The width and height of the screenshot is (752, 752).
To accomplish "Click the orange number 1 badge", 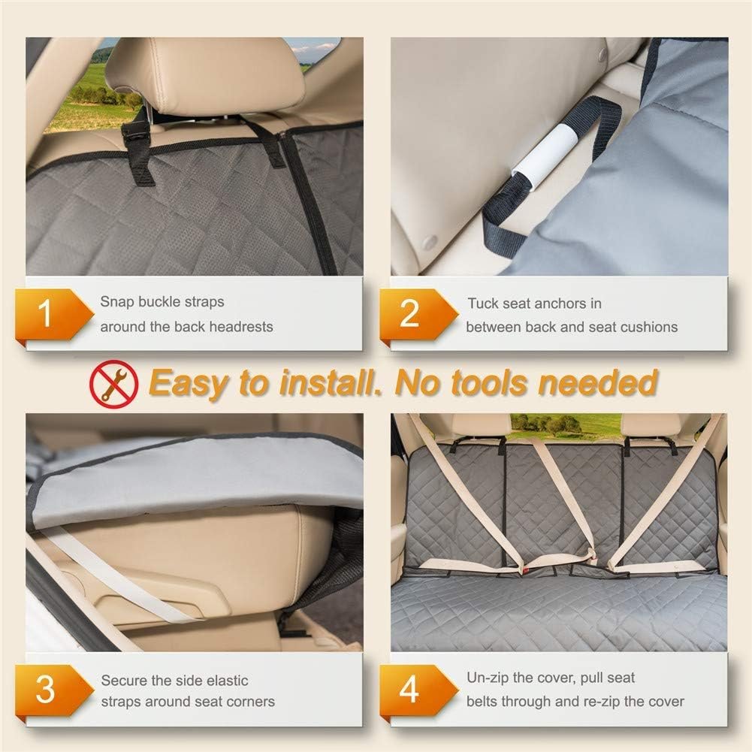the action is point(52,314).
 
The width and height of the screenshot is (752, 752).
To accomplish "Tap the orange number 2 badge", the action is point(416,314).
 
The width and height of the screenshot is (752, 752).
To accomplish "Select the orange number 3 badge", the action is point(52,690).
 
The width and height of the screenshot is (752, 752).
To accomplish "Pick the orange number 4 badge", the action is point(416,690).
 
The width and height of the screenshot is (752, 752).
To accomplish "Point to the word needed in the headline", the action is point(597,382).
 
